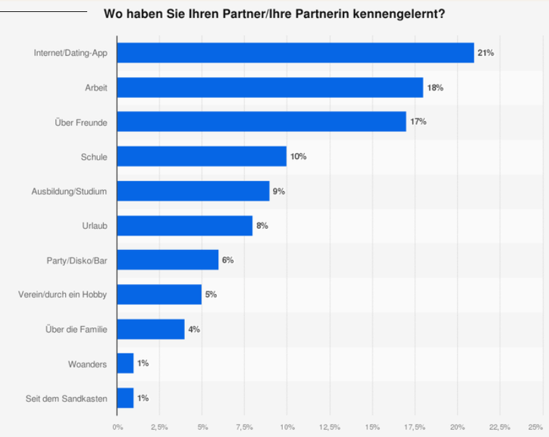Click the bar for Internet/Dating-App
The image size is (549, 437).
click(295, 53)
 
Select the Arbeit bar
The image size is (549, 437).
click(270, 87)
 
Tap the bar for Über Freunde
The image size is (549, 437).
click(261, 122)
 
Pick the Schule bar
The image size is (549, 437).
click(201, 156)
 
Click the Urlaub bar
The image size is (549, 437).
click(184, 225)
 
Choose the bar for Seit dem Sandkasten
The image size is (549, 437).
click(125, 398)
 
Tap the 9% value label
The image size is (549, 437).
click(278, 191)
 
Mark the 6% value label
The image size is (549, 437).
click(228, 260)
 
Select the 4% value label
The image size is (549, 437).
click(194, 329)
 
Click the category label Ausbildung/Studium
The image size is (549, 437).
click(69, 191)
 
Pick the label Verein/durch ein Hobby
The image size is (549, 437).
click(63, 295)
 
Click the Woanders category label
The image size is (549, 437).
click(88, 364)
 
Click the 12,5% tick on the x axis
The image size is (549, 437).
click(330, 426)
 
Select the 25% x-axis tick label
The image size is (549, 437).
click(534, 426)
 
